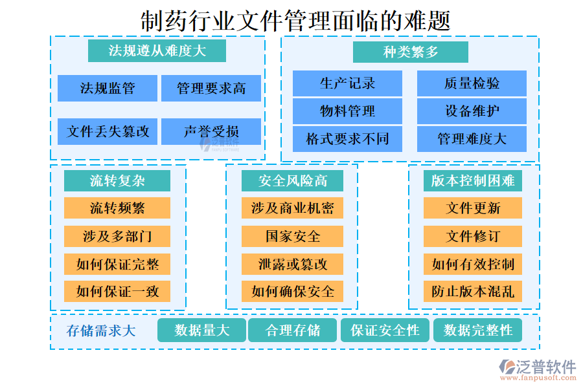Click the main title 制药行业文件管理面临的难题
(x=295, y=21)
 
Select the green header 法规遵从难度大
(x=157, y=51)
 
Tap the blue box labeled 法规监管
(x=108, y=89)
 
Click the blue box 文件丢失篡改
(x=108, y=131)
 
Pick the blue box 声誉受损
(x=211, y=131)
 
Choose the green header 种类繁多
(x=411, y=52)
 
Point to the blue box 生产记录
(x=347, y=83)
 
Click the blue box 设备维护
(x=472, y=111)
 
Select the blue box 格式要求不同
(x=347, y=139)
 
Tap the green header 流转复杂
(x=117, y=181)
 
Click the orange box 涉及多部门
(x=117, y=236)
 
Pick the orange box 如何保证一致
(x=117, y=292)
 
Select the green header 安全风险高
(x=292, y=181)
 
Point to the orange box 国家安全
(x=292, y=236)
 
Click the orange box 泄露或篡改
(x=292, y=264)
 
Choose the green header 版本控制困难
(x=473, y=181)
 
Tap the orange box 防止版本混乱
(x=473, y=292)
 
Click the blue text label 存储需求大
(x=101, y=330)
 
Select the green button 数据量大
(x=201, y=330)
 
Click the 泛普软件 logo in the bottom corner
(x=538, y=370)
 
